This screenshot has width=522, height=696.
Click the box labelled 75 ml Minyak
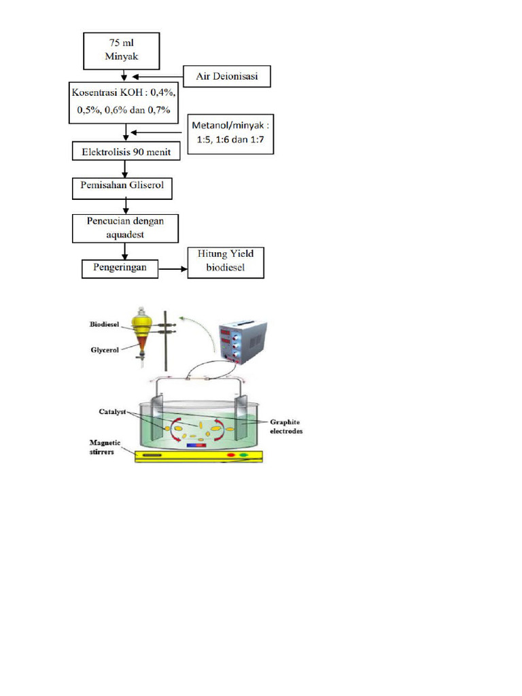coord(122,50)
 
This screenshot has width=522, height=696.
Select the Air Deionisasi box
coord(227,76)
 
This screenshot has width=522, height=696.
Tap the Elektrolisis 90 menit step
coord(126,152)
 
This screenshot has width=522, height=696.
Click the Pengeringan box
coord(120,268)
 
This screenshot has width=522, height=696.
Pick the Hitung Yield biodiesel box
coord(226,262)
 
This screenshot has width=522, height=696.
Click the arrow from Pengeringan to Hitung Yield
coord(172,269)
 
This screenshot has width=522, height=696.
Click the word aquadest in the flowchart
coord(125,233)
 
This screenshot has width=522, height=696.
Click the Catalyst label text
coord(103,412)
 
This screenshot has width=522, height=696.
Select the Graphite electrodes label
coord(284,426)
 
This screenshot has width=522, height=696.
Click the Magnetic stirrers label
coord(105,447)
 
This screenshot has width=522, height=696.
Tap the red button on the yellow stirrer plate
coord(231,454)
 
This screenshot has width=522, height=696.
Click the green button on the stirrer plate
coord(243,454)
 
